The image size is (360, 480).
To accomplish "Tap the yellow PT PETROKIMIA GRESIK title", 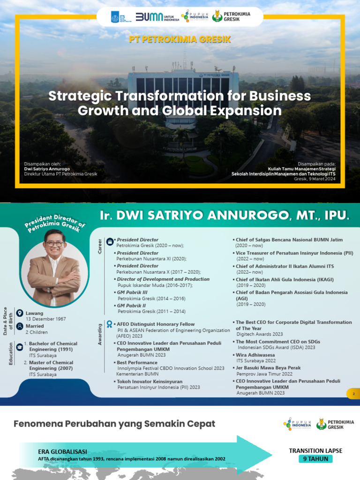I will click(180, 39).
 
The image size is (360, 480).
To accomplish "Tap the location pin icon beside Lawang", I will click(20, 313).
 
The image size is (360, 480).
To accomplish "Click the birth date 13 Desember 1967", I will click(45, 319).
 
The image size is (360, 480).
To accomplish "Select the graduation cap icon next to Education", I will click(20, 346).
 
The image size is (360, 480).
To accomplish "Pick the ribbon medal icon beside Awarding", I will click(109, 324).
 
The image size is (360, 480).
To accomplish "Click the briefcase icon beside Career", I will click(110, 241).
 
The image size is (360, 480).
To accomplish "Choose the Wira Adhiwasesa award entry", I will click(255, 355).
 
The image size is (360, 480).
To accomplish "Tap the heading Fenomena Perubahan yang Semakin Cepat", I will click(114, 424).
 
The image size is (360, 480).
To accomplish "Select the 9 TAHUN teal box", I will click(315, 459).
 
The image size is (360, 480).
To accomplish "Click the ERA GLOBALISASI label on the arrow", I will click(62, 451).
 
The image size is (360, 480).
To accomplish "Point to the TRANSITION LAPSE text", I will click(315, 451).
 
